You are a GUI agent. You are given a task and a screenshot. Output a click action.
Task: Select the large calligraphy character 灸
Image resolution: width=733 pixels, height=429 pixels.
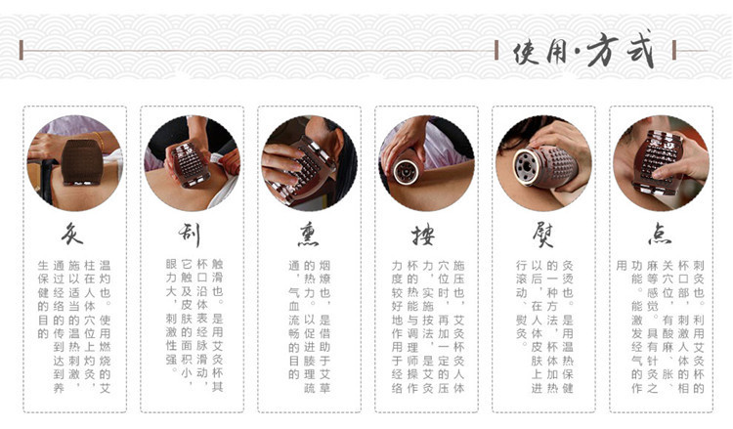(73, 235)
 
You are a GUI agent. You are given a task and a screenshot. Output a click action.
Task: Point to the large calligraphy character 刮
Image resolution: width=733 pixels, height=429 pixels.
(191, 235)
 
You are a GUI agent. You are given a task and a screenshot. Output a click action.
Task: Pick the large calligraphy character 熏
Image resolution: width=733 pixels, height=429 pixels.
(308, 235)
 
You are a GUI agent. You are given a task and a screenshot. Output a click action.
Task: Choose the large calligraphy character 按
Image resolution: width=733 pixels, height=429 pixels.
(424, 235)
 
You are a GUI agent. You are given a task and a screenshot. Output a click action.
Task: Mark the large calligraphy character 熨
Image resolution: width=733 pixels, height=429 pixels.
(541, 235)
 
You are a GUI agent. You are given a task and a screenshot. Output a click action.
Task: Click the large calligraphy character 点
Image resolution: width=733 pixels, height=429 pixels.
(660, 235)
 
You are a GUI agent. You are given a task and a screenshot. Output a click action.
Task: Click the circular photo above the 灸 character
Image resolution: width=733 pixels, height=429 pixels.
(74, 162)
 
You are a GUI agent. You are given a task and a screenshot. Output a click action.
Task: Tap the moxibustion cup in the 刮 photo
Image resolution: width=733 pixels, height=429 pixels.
(192, 164)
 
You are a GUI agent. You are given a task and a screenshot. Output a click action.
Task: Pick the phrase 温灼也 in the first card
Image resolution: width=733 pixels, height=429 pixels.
(105, 279)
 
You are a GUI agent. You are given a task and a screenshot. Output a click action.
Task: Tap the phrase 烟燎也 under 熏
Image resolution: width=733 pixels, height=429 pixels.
(337, 279)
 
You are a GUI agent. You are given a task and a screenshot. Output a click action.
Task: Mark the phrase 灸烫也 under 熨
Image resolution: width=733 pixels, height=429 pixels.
(572, 279)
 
